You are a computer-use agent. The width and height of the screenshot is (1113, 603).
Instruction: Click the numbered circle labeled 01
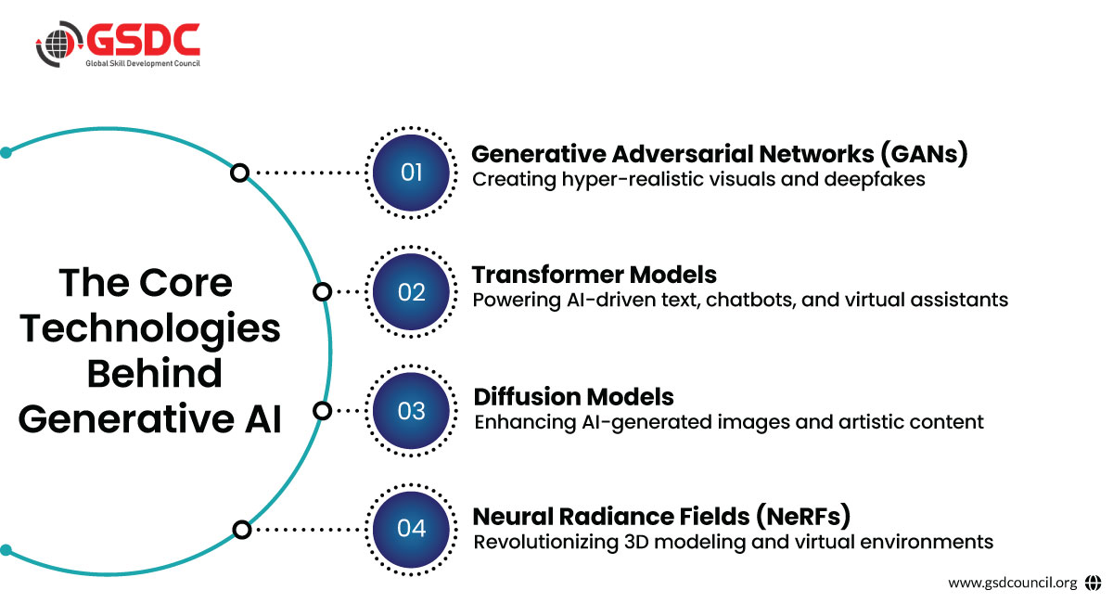411,173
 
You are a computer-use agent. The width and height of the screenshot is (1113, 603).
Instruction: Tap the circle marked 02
411,292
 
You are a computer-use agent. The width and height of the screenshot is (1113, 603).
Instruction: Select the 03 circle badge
411,411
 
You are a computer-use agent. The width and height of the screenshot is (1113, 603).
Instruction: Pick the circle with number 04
411,529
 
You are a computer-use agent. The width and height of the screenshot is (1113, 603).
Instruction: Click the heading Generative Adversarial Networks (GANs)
720,154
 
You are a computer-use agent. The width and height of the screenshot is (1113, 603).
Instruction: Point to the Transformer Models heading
595,275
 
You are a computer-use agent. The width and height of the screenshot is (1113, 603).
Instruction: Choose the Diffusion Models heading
574,397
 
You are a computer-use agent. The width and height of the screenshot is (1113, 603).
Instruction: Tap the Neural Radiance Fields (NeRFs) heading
662,516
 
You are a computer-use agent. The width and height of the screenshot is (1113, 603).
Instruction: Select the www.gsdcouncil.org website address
1013,583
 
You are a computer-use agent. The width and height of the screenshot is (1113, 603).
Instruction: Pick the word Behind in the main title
154,373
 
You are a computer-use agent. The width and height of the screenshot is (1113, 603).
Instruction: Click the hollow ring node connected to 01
240,173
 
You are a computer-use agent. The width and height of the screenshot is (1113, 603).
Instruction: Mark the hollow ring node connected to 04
241,530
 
